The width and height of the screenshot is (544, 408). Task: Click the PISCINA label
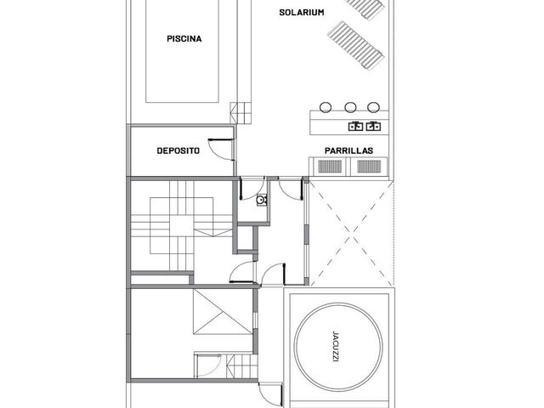coord(184,38)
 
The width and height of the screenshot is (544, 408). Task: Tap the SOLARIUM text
coord(302,13)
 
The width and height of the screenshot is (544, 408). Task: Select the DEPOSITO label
coord(178,150)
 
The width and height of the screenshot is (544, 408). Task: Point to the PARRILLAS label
coord(348,150)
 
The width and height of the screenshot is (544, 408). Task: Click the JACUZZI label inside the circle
coord(335,347)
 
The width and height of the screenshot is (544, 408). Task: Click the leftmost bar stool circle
coord(326,107)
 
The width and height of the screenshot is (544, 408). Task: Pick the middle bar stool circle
coord(350,107)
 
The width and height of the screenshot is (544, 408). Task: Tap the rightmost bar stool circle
coord(373,107)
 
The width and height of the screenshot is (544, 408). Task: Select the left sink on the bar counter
coord(355,126)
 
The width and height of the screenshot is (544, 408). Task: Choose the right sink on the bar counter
coord(373,126)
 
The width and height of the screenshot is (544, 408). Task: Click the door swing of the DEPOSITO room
coord(221,150)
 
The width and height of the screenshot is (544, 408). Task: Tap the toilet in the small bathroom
coord(261,200)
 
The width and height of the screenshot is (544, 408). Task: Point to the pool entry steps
coord(241,113)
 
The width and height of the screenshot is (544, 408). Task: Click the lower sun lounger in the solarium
coord(356,45)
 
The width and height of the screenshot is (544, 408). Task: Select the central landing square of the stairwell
coord(181,226)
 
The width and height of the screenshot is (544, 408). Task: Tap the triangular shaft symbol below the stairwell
coord(223,312)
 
